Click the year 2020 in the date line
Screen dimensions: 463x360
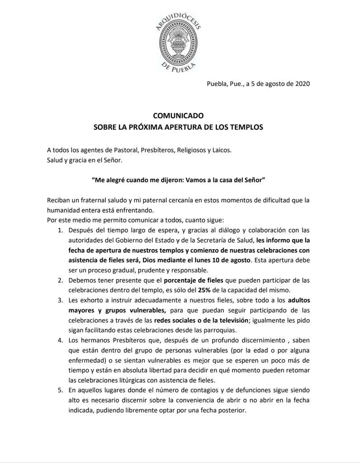click(300, 84)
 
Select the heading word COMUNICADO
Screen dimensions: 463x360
click(178, 116)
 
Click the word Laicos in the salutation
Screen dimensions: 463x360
click(220, 150)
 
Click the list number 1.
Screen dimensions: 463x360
click(60, 230)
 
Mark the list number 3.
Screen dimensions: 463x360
click(60, 300)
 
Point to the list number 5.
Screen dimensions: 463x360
click(60, 389)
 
